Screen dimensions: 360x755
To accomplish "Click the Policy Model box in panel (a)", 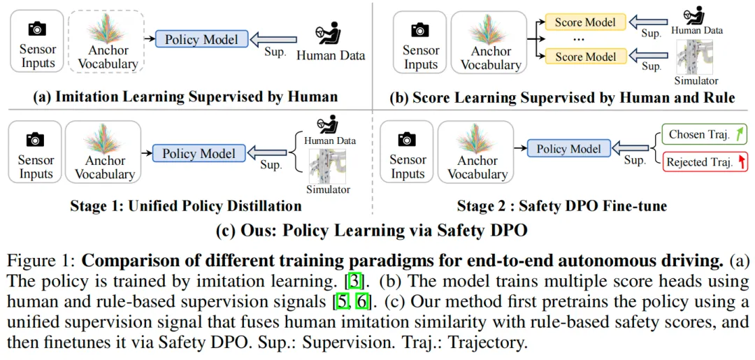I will pos(201,39).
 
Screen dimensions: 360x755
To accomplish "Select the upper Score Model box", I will pos(585,22).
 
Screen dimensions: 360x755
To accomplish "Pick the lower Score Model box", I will pos(585,56).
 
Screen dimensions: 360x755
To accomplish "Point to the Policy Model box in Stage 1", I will pos(199,153).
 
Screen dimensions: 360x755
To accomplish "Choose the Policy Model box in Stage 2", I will pos(568,148).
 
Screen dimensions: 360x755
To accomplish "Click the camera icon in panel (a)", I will pos(36,29).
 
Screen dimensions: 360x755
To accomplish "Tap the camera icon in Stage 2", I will pos(408,140).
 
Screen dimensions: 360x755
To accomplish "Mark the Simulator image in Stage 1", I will pos(327,166).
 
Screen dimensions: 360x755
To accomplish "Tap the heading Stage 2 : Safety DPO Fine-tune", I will pos(561,206).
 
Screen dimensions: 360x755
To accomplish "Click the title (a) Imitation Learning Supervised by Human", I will pos(185,96).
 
